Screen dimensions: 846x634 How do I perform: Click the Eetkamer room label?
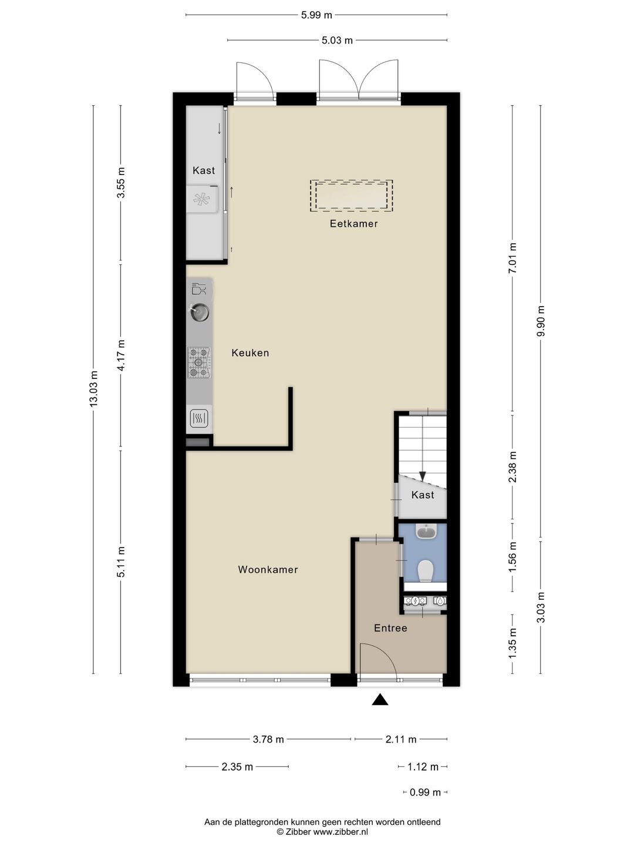coord(353,224)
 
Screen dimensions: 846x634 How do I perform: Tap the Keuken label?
coord(250,353)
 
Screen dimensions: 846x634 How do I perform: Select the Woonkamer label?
coord(268,570)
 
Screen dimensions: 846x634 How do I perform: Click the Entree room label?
coord(390,628)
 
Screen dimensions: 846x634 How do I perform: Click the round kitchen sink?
coord(200,312)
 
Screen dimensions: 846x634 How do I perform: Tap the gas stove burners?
coord(198,362)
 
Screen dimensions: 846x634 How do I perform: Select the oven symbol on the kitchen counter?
coord(199,418)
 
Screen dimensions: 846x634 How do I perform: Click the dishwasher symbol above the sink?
coord(199,289)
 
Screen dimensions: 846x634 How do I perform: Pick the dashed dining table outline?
coord(351,196)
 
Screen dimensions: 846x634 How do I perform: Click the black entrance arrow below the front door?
coord(380,699)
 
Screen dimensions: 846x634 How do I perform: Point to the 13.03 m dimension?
coord(93,389)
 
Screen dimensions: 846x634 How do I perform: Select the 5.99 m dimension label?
coord(316,15)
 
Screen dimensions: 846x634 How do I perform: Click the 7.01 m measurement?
coord(512,258)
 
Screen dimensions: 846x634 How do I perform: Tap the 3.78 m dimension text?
coord(268,740)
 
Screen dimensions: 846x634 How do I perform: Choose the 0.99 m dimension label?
coord(425,793)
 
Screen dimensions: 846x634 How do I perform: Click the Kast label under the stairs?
coord(423,495)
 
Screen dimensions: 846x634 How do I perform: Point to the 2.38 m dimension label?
coord(512,467)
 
